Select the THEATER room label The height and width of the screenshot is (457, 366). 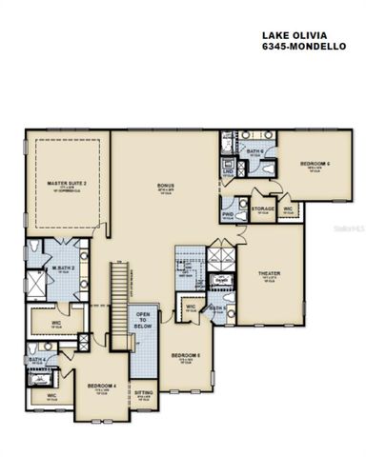[x=270, y=274]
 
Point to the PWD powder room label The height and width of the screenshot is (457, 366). [x=229, y=213]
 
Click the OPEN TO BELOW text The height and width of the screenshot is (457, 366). [x=144, y=320]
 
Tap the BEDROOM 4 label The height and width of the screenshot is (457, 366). [x=101, y=386]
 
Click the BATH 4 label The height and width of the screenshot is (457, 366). [x=35, y=360]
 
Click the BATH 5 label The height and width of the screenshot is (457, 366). [x=218, y=308]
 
